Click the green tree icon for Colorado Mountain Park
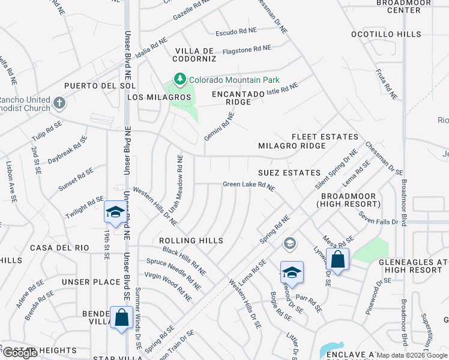point(179,79)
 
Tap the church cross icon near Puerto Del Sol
point(59,103)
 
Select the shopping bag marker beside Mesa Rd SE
point(338,260)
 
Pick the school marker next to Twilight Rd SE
point(115,212)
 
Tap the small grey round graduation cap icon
point(290,243)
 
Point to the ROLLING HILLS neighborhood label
point(191,241)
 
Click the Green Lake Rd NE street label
point(249,187)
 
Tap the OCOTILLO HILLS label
point(385,34)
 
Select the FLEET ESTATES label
point(325,137)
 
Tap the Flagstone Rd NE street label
point(247,49)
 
